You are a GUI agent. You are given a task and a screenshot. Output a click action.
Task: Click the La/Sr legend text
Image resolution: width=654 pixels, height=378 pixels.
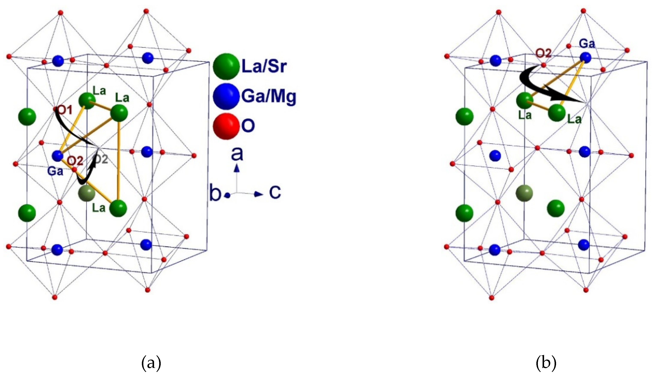[264, 66]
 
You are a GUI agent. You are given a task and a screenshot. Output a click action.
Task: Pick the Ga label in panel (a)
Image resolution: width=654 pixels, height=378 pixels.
[55, 171]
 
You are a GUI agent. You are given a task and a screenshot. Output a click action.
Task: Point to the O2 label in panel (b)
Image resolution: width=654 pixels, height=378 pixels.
[543, 53]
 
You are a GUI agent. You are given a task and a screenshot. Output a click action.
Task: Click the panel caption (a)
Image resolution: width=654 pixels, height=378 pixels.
[151, 363]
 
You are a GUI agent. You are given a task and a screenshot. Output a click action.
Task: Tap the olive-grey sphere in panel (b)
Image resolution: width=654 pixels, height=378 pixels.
[524, 193]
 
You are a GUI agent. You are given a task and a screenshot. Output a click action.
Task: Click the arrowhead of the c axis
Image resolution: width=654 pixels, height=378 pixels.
[259, 194]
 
